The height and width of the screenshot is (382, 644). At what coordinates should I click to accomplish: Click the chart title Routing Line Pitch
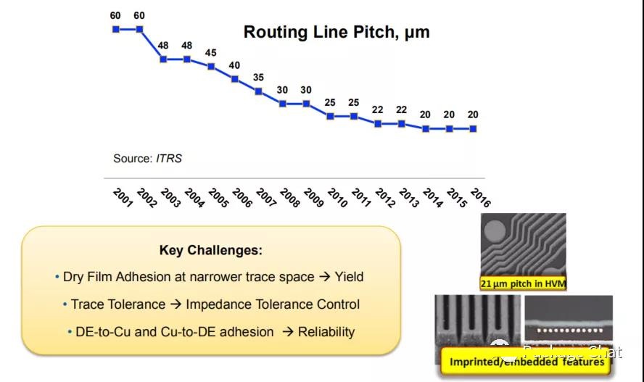click(x=336, y=32)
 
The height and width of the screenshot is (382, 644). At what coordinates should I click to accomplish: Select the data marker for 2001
click(x=115, y=29)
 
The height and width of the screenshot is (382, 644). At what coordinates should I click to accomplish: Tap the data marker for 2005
click(x=211, y=66)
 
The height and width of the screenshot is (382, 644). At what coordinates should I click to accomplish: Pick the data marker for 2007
click(x=259, y=91)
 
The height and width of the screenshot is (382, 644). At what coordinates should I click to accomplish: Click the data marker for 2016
click(x=474, y=128)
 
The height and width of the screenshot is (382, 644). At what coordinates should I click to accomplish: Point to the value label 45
click(x=211, y=53)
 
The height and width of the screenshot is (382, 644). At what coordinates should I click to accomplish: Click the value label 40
click(x=235, y=65)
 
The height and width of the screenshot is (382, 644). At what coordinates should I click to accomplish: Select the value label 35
click(x=259, y=78)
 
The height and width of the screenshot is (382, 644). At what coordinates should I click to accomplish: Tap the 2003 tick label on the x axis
click(x=171, y=198)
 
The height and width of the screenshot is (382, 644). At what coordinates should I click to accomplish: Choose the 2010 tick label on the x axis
click(x=337, y=198)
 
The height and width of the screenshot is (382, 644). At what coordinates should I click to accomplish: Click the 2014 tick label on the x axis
click(x=432, y=198)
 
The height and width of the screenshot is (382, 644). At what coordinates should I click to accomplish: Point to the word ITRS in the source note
click(x=169, y=158)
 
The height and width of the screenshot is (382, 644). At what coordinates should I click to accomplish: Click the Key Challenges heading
click(x=211, y=251)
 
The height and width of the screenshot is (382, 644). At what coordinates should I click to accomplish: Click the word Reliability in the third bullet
click(x=327, y=332)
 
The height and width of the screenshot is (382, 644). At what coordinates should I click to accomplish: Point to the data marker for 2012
click(x=378, y=124)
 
